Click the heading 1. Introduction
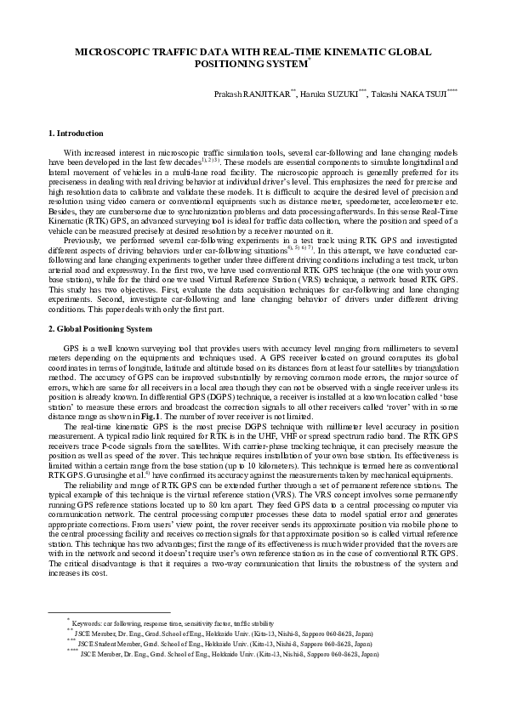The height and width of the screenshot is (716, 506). coord(77,134)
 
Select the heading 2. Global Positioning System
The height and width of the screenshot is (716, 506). coord(100,327)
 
